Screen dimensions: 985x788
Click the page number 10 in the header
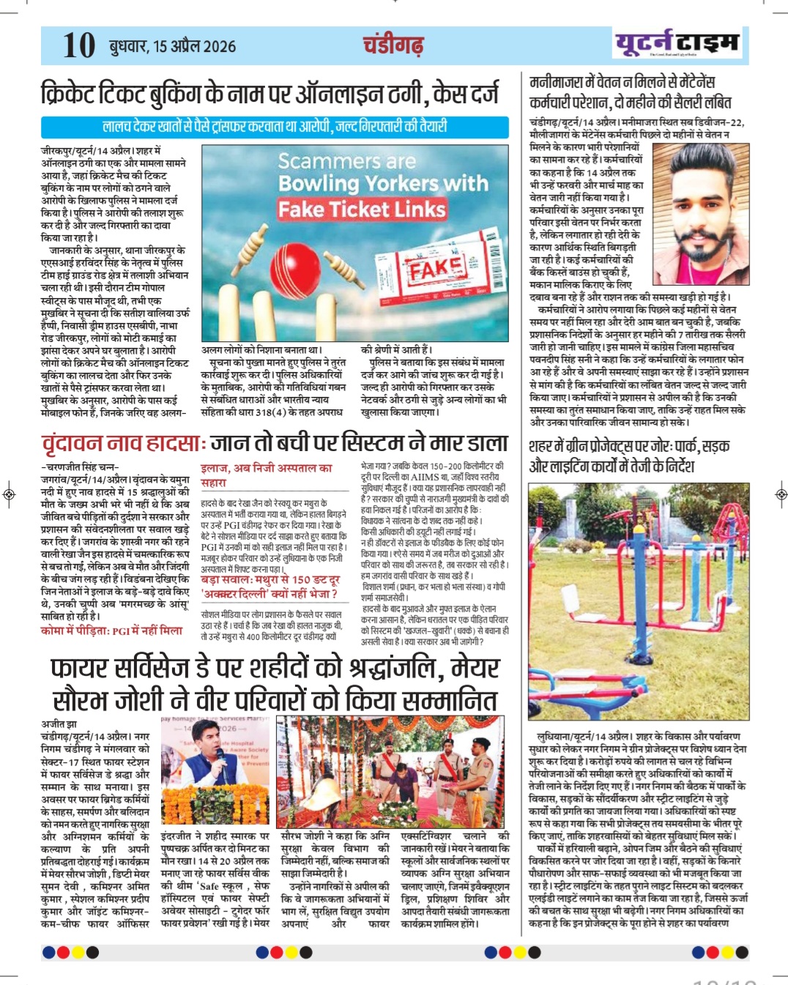click(79, 45)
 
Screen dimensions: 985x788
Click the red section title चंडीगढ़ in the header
click(393, 45)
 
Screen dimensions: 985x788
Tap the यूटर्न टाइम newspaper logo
click(677, 44)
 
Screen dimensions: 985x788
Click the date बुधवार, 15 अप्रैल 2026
click(173, 47)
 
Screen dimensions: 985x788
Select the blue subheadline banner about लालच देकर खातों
click(275, 127)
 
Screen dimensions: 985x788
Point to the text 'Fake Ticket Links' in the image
click(362, 209)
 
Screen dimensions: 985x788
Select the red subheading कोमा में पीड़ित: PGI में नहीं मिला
click(111, 631)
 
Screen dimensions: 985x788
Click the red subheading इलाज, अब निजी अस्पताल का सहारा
click(266, 475)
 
